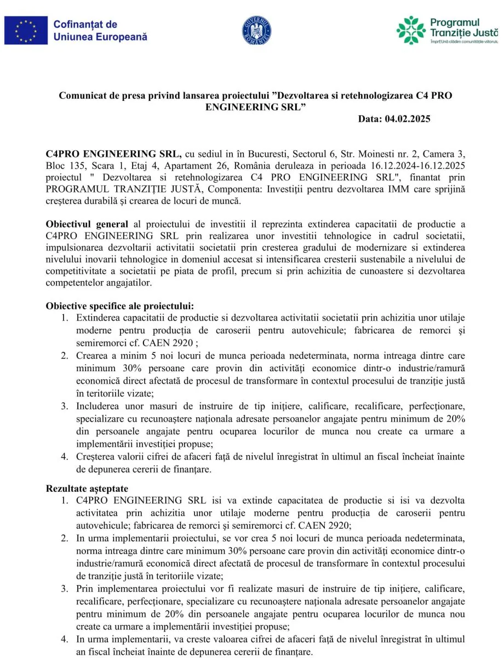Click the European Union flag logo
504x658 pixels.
click(x=26, y=30)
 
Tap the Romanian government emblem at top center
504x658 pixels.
click(x=256, y=31)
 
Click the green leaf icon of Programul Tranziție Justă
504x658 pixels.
click(x=411, y=30)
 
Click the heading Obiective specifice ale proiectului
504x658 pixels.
click(x=120, y=306)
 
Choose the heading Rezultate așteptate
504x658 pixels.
click(x=87, y=489)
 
